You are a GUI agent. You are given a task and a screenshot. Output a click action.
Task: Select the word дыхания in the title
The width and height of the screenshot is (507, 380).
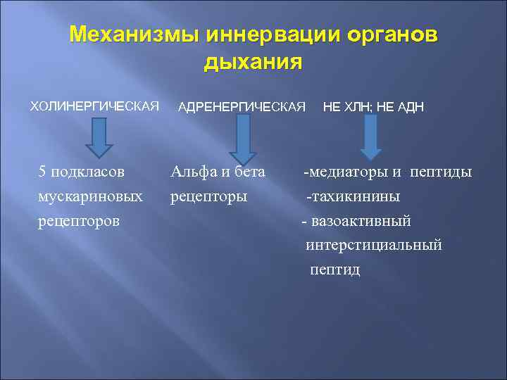click(253, 62)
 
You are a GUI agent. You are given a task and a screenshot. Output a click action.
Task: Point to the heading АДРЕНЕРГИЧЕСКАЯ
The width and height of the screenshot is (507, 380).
click(242, 107)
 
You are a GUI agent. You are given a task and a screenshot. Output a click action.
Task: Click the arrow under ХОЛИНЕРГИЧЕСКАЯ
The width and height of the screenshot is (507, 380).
click(99, 137)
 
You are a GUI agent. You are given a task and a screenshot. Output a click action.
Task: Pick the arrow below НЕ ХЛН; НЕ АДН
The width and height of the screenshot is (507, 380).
click(371, 135)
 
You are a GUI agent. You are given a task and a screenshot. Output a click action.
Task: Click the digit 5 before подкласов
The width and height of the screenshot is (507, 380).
click(43, 172)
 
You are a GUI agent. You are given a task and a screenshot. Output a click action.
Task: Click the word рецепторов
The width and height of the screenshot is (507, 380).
click(79, 221)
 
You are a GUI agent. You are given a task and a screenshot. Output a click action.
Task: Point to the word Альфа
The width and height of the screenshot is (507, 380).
click(193, 172)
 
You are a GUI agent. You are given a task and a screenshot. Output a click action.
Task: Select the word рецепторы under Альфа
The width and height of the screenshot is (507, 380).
click(209, 196)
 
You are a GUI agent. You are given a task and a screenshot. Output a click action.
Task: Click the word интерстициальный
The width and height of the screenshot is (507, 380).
click(374, 246)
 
